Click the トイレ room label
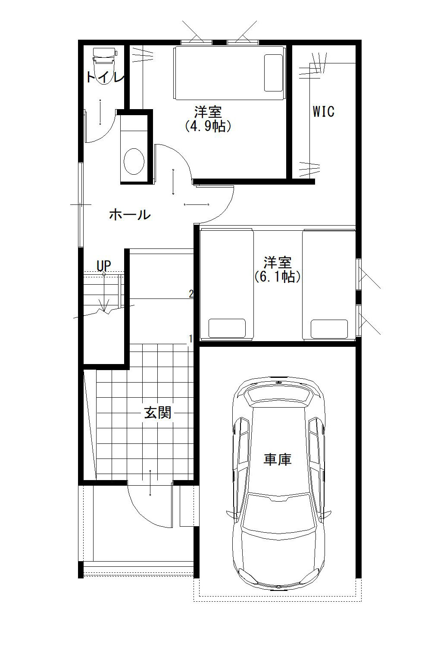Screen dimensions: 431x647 pos(106,77)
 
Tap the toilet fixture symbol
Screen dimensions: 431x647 pos(104,66)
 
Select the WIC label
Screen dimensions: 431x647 pos(324,112)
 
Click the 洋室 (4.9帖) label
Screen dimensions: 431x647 pos(208,119)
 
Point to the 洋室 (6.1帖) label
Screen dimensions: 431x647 pos(277,270)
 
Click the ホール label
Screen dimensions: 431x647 pos(130,215)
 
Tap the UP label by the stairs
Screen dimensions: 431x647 pos(103,266)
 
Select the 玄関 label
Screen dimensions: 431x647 pos(158,413)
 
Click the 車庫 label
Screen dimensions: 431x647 pos(278,459)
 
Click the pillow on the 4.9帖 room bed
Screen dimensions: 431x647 pos(273,72)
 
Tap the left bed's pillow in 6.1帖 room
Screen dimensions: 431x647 pos(227,328)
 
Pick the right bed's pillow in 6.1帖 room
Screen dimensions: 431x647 pos(329,329)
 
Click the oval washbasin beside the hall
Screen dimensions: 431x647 pos(134,161)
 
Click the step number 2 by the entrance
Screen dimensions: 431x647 pos(191,294)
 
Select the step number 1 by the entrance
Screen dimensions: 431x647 pos(191,339)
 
